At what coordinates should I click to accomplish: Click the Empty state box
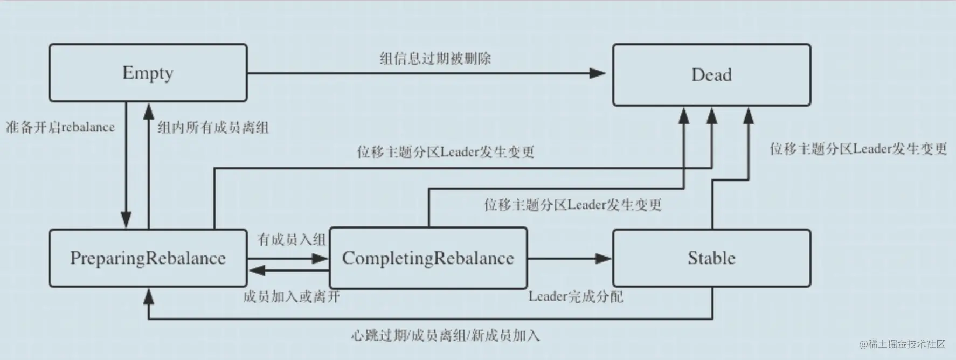pos(148,73)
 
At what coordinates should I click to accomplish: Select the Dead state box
pos(711,75)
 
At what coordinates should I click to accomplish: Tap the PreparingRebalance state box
pos(148,258)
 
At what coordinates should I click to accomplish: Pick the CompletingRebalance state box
pos(428,258)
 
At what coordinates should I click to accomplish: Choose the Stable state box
pos(711,258)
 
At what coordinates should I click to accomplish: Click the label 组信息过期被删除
pos(435,58)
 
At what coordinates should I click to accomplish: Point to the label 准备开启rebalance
pos(60,128)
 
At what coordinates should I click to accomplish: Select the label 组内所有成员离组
pos(213,128)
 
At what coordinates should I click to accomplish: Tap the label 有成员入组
pos(292,239)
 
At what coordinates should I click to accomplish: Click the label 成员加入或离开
pos(291,296)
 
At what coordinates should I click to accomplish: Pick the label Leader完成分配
pos(576,296)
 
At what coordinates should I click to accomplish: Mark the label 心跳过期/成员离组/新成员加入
pos(445,336)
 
